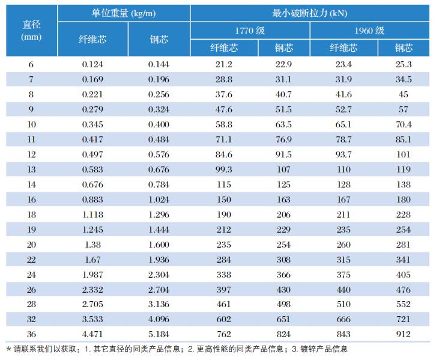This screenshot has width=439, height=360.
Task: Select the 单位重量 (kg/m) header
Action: (124, 13)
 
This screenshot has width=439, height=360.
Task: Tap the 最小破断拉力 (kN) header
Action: (310, 13)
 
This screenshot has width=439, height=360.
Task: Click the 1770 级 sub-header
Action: (250, 30)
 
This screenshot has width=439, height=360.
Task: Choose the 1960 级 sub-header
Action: (369, 30)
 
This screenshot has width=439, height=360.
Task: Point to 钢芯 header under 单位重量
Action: (159, 39)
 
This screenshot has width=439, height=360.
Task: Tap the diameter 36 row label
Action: (31, 334)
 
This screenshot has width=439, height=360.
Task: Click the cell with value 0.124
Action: (92, 64)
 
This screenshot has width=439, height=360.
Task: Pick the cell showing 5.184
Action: (159, 334)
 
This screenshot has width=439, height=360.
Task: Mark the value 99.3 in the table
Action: (223, 169)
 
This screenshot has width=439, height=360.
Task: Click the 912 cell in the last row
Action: (404, 334)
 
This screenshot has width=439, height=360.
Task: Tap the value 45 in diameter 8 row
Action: (404, 94)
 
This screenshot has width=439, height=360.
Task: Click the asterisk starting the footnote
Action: (8, 349)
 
